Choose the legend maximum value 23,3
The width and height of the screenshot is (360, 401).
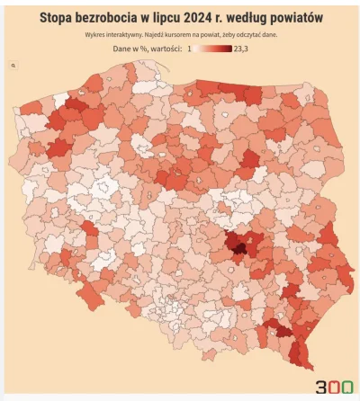point(242,49)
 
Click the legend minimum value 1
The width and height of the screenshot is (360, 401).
point(189,49)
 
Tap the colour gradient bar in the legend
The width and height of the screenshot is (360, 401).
point(213,49)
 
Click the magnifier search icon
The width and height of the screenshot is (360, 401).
point(13,67)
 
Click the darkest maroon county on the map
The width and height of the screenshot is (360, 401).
point(238,243)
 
